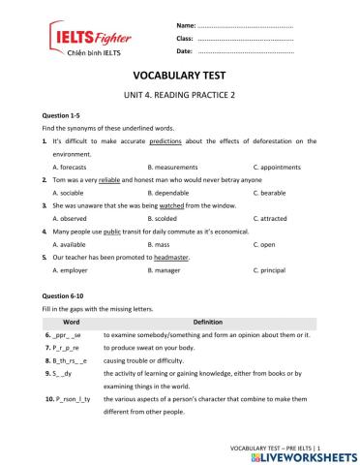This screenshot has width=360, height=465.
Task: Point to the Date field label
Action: click(x=184, y=50)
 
